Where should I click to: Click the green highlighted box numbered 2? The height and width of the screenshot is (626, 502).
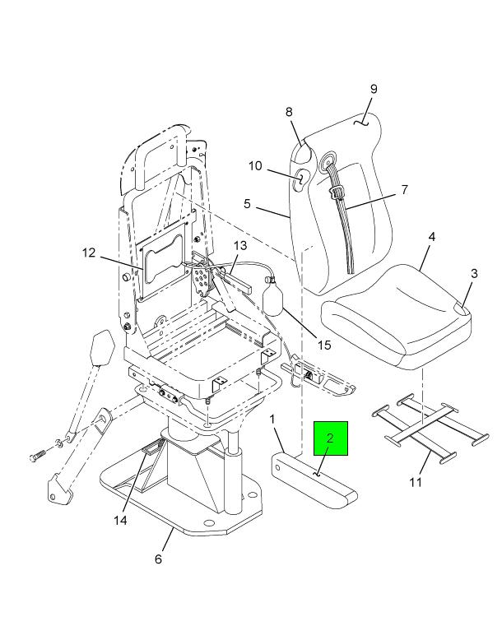(x=331, y=438)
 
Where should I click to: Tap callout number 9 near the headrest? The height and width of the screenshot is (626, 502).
(x=372, y=89)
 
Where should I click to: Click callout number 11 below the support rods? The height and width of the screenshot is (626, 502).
(x=416, y=482)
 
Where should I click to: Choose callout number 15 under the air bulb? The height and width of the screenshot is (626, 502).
(x=323, y=345)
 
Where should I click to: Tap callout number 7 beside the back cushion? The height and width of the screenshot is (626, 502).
(x=404, y=190)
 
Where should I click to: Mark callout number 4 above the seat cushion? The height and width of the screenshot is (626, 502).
(x=431, y=237)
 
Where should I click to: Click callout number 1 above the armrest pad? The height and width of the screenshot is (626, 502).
(x=272, y=420)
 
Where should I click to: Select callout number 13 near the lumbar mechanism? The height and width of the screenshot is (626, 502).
(x=239, y=245)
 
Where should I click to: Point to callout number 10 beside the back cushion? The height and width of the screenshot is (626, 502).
(x=255, y=166)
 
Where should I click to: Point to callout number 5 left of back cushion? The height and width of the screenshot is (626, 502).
(x=247, y=202)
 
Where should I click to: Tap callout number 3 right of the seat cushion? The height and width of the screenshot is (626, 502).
(x=474, y=274)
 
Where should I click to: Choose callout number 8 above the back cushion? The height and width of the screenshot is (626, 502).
(x=289, y=112)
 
